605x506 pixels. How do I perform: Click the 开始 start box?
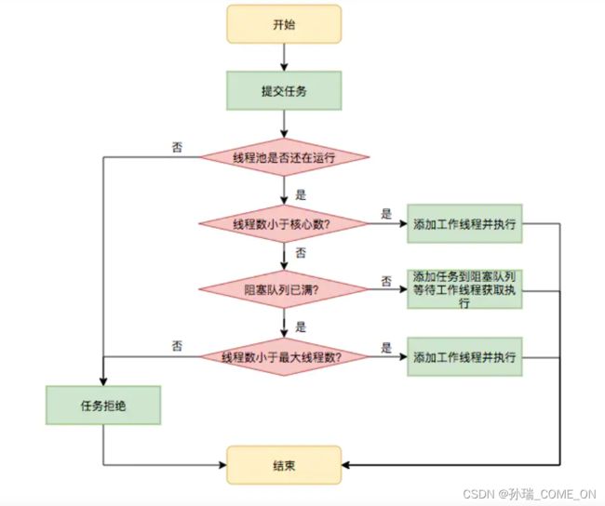click(x=284, y=24)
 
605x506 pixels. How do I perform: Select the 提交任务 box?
click(x=284, y=90)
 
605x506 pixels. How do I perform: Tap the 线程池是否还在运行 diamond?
click(x=284, y=157)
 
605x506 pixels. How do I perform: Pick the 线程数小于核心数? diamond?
click(x=284, y=223)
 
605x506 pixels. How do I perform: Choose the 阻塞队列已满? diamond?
click(x=284, y=289)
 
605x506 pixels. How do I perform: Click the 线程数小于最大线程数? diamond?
click(x=284, y=357)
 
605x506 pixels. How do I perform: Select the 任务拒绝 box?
click(x=103, y=406)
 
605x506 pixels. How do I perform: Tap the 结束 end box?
click(x=284, y=465)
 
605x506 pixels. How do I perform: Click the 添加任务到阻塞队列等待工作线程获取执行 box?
click(x=464, y=289)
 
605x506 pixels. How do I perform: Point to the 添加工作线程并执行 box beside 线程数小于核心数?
click(x=464, y=223)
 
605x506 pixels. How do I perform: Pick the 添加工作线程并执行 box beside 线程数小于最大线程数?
click(x=464, y=357)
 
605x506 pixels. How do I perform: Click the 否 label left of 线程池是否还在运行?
click(x=177, y=147)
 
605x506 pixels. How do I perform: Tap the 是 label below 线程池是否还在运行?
click(x=301, y=194)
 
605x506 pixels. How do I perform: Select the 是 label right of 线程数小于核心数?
click(x=386, y=214)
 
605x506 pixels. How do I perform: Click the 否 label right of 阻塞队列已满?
click(x=386, y=281)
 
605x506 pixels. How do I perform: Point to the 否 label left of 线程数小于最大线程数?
click(x=177, y=346)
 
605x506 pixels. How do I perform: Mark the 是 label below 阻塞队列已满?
click(x=301, y=327)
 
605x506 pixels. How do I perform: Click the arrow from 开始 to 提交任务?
click(x=284, y=57)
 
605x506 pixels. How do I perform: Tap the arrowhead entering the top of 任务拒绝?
click(x=103, y=381)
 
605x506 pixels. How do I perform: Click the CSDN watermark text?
click(x=530, y=494)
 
